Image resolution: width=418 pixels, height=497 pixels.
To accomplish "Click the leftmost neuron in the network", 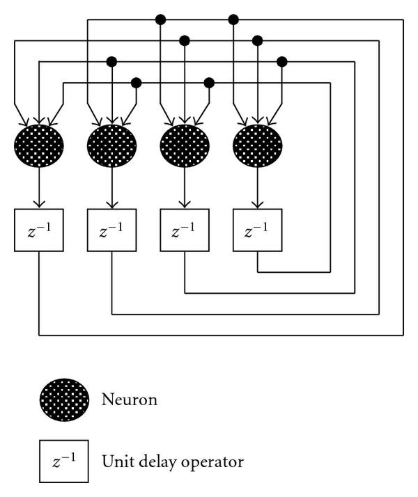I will tap(39, 146).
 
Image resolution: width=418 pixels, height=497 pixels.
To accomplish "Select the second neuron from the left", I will tap(111, 146).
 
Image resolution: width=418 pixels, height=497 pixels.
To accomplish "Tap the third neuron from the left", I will tap(185, 146).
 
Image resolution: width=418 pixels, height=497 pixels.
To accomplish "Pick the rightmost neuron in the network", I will tap(257, 146).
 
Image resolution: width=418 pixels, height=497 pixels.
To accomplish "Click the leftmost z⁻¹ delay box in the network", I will tap(39, 230).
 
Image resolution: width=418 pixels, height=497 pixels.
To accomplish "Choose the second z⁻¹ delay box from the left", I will tap(111, 230).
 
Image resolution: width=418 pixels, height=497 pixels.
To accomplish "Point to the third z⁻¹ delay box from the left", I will tap(185, 230).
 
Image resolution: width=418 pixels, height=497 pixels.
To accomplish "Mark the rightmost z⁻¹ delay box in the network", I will tap(257, 230).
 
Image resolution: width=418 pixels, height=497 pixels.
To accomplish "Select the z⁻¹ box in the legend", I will tap(64, 461).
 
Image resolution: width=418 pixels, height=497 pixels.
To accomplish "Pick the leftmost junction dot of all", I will tap(111, 62).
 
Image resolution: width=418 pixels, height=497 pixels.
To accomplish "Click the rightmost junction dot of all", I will tap(282, 62).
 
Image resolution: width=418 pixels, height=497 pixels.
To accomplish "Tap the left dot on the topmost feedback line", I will tap(160, 19).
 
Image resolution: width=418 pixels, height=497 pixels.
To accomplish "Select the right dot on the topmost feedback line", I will tap(233, 19).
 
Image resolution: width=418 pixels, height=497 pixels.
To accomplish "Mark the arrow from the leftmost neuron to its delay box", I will tap(39, 187).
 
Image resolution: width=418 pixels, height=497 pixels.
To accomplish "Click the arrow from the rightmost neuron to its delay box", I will tap(257, 187).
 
